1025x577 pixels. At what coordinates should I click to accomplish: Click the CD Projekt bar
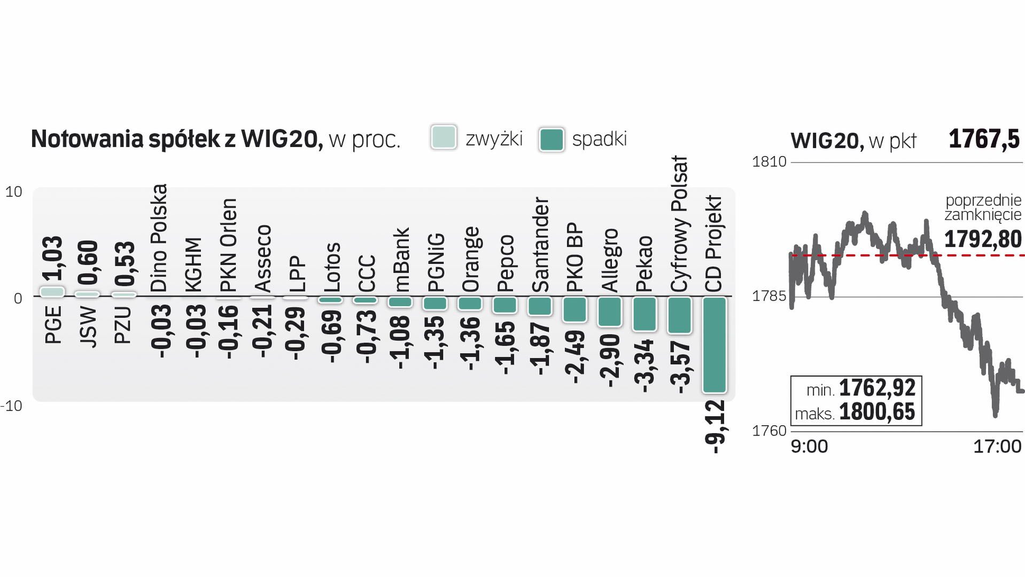pyautogui.click(x=714, y=345)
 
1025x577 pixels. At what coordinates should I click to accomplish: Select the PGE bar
pyautogui.click(x=52, y=292)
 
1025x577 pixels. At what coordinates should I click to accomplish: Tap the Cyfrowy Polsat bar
pyautogui.click(x=679, y=315)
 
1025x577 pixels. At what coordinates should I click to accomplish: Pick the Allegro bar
pyautogui.click(x=610, y=311)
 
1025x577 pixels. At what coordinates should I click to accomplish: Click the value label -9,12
pyautogui.click(x=715, y=427)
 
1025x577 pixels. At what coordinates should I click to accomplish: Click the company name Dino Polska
pyautogui.click(x=159, y=238)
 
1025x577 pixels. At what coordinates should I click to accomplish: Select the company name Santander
pyautogui.click(x=540, y=245)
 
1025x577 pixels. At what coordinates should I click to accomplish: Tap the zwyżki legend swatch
pyautogui.click(x=443, y=138)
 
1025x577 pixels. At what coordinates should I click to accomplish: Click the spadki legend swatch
pyautogui.click(x=552, y=139)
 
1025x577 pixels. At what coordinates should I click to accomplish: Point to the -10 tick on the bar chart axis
pyautogui.click(x=12, y=406)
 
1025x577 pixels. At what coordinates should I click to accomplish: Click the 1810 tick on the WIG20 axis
pyautogui.click(x=769, y=161)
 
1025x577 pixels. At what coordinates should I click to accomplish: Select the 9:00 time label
pyautogui.click(x=809, y=447)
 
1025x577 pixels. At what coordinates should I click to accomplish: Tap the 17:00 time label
pyautogui.click(x=997, y=447)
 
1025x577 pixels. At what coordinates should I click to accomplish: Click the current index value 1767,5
pyautogui.click(x=984, y=139)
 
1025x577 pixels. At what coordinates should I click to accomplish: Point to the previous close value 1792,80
pyautogui.click(x=983, y=239)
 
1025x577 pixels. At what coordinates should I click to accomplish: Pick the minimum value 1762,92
pyautogui.click(x=877, y=388)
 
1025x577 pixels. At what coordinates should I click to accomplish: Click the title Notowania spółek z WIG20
pyautogui.click(x=177, y=139)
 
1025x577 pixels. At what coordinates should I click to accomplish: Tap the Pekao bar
pyautogui.click(x=644, y=314)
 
